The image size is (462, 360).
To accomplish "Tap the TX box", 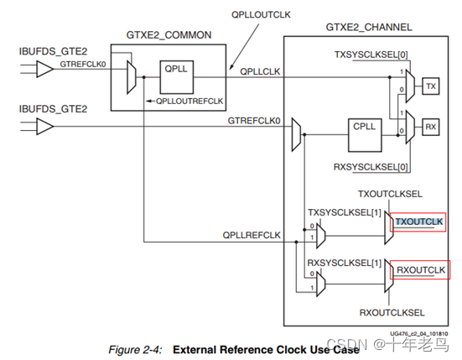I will (430, 86).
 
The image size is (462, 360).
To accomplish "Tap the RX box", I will (430, 127).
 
